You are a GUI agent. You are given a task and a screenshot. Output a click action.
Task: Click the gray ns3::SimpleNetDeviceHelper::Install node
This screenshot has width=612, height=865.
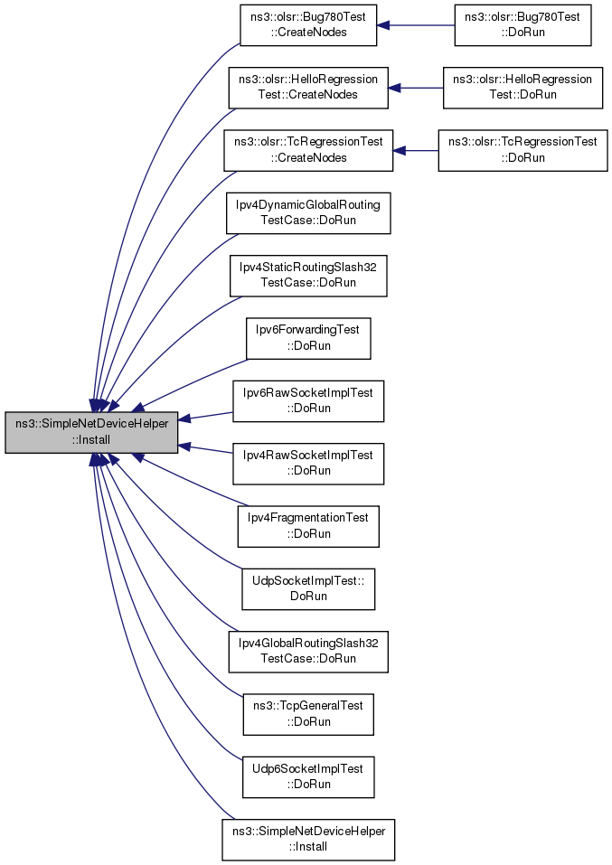(x=91, y=432)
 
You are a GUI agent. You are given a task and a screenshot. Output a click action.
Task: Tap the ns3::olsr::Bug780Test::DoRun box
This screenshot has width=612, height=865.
(x=523, y=24)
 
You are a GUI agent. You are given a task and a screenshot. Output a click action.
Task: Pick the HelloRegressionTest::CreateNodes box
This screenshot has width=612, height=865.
(x=308, y=88)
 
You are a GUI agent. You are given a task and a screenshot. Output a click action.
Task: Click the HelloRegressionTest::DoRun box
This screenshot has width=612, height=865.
(x=523, y=88)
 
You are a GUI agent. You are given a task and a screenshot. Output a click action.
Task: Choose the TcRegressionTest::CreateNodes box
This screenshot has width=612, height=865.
(x=308, y=150)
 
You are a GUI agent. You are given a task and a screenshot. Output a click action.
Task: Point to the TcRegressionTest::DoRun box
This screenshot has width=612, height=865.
(x=523, y=150)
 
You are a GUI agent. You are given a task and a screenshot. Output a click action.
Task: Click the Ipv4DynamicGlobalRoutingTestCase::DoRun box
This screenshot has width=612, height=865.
(x=308, y=213)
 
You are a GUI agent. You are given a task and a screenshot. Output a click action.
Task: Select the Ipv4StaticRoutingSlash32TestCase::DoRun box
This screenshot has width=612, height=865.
(x=308, y=276)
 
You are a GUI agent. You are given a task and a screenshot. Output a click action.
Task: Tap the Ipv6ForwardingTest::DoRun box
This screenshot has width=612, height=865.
(x=308, y=338)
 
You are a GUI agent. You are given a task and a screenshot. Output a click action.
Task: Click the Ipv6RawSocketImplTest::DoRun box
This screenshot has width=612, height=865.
(x=308, y=401)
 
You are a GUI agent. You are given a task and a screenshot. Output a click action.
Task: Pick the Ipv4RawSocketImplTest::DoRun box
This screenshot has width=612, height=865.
(x=308, y=464)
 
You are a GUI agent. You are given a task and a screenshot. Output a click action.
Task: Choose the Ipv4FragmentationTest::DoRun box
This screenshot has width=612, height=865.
(x=308, y=526)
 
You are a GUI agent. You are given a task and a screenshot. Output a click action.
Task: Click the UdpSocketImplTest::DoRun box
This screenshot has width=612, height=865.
(x=308, y=589)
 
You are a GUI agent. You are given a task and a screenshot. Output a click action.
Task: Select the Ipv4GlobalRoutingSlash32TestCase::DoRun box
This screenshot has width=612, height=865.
(x=308, y=652)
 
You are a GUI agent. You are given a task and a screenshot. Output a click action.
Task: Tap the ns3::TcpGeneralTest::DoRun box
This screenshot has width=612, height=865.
(x=308, y=714)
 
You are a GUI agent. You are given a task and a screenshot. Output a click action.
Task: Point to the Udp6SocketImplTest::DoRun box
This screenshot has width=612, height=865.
(x=308, y=777)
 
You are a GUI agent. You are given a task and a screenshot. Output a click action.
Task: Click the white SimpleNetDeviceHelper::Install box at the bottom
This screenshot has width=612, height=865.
(x=308, y=840)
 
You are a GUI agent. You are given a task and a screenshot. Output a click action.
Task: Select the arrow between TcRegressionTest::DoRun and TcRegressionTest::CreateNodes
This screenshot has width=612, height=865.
(x=416, y=150)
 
